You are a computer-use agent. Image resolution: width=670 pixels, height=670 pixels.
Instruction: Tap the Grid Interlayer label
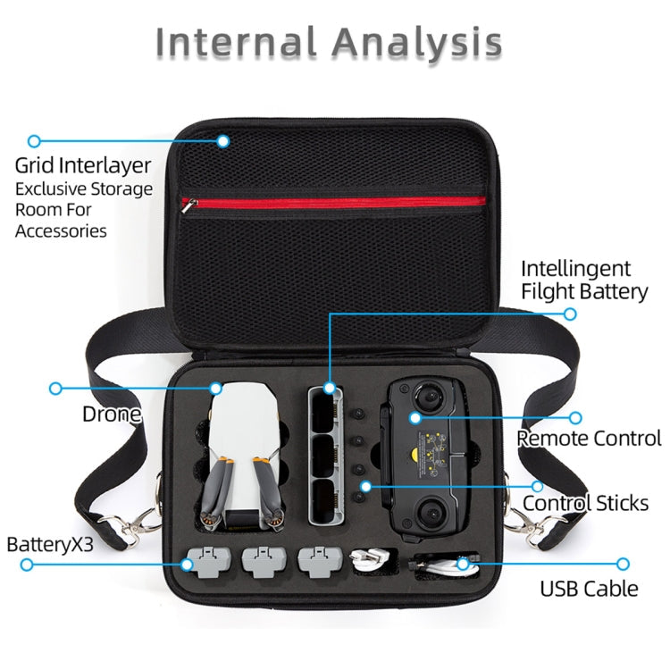coord(83,166)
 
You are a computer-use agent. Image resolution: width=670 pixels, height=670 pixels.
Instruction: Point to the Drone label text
coord(112,414)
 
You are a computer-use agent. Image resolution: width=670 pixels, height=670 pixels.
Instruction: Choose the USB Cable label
coord(589,588)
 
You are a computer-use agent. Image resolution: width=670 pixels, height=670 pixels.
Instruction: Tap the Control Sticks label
coord(585,503)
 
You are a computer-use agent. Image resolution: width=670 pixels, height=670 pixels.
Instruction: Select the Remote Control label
coord(589,439)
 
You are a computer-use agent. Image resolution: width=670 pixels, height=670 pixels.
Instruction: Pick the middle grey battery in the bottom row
coord(262,560)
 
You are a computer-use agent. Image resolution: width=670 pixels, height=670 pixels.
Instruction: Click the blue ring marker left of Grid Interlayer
coord(34,141)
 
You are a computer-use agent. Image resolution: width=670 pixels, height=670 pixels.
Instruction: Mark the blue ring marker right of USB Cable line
coord(623,564)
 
